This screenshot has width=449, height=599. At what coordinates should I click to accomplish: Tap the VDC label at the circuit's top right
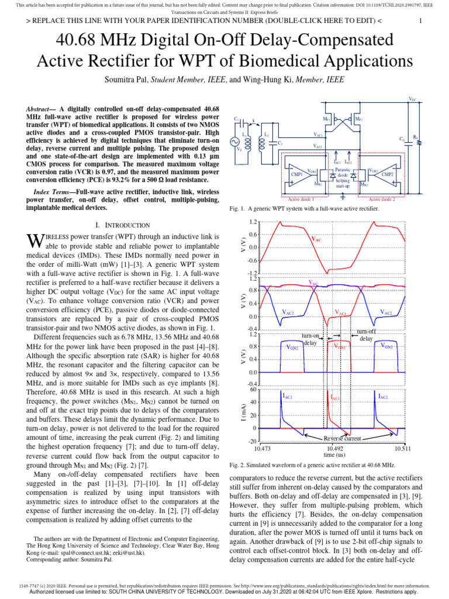(413, 100)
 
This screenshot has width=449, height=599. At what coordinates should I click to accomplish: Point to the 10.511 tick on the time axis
(403, 447)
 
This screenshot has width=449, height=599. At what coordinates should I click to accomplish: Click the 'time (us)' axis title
(333, 454)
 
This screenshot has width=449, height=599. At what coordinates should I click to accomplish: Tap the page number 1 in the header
(420, 21)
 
